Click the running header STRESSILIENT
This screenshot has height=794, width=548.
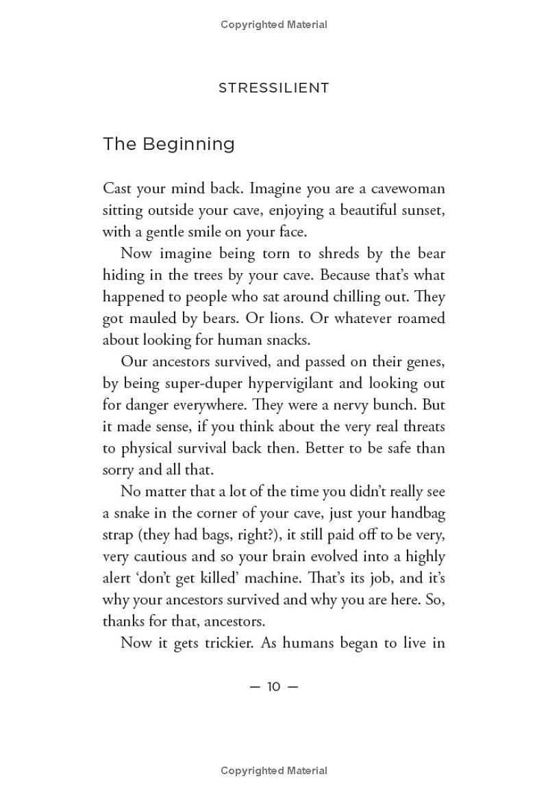coord(274,88)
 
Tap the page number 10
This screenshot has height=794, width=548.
coord(274,687)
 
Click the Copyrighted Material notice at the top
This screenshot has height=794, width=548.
coord(274,25)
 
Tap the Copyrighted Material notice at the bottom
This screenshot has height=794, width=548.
coord(274,771)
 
